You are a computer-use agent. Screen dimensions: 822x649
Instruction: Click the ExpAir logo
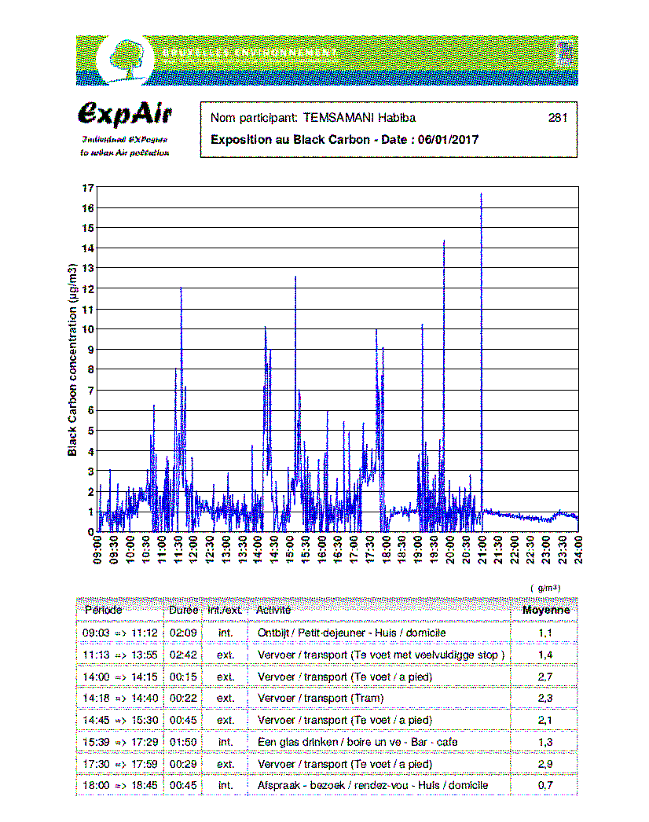(x=125, y=114)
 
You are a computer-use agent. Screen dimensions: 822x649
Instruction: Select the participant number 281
(x=557, y=119)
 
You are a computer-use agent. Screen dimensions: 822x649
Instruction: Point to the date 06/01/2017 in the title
(x=449, y=140)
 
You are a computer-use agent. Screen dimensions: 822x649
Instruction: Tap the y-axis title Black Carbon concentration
(x=72, y=360)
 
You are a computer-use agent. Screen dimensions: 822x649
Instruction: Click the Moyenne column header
(x=546, y=610)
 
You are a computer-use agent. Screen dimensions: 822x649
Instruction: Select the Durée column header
(x=183, y=610)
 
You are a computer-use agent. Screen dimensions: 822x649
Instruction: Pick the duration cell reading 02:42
(x=183, y=655)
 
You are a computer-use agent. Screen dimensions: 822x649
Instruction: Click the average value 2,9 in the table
(x=545, y=764)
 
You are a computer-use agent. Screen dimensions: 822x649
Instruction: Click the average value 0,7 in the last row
(x=545, y=785)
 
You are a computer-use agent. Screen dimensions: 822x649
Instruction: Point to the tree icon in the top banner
(x=127, y=57)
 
